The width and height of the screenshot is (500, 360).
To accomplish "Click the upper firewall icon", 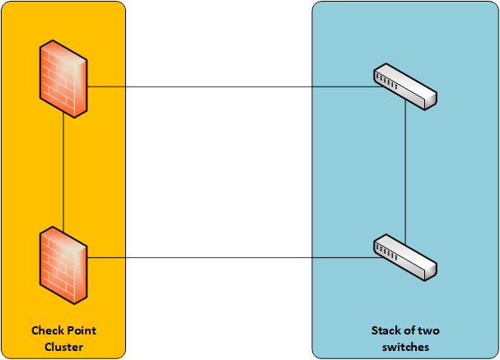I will pos(64,81).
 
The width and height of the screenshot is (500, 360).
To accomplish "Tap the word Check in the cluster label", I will pos(45,331).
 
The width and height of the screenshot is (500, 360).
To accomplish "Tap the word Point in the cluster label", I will pos(82,331).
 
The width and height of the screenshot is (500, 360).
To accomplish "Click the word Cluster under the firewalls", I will pos(63,347).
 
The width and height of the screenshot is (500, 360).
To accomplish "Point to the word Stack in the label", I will pos(386,331).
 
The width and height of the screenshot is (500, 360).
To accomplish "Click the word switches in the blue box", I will pos(405,347).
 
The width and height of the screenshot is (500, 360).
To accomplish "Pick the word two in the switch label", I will pos(430,331).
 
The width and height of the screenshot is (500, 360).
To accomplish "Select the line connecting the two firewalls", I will pos(64,173).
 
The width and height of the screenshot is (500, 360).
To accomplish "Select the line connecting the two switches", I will pos(406,173).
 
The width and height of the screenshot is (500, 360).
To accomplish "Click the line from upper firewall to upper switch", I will pos(231,86).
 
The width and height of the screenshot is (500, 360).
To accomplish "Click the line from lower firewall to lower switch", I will pos(231,258).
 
